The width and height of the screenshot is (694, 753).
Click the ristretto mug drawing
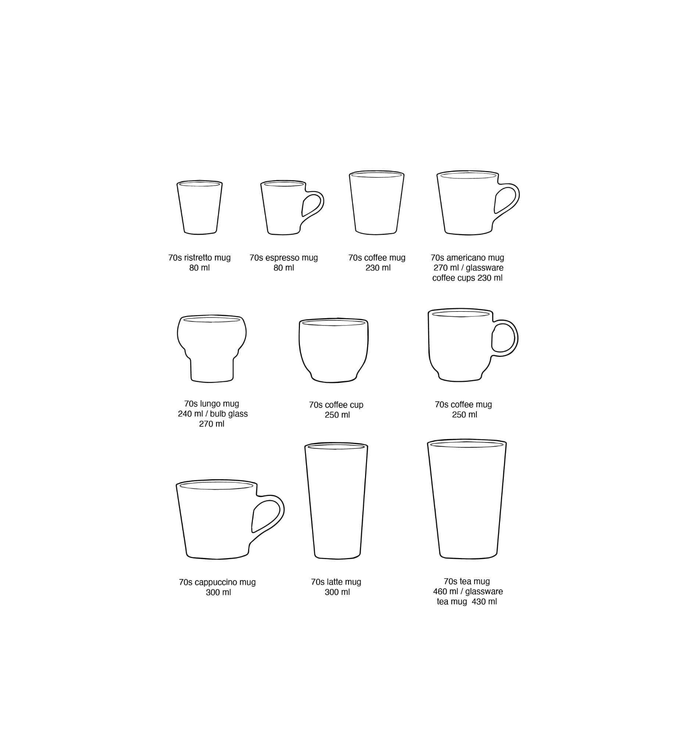pos(199,207)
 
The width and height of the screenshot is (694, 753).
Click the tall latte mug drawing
pos(336,501)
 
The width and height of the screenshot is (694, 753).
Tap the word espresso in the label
pos(281,258)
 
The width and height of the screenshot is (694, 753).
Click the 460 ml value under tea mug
pos(446,592)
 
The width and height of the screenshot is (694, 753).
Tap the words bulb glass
pos(229,414)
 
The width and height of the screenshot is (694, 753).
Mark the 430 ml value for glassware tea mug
pos(484,601)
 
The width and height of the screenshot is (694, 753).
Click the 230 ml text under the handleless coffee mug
pos(378,268)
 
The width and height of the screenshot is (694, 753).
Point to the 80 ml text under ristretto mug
pos(199,268)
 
